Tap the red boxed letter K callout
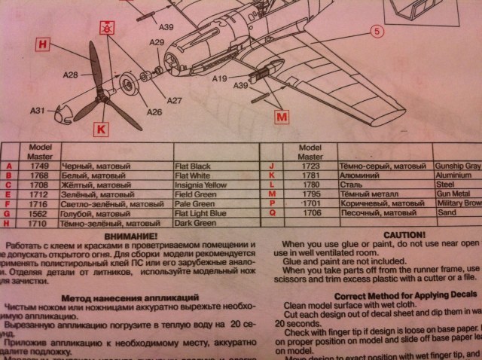[x=101, y=129]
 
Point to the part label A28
[x=72, y=75]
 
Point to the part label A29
[x=156, y=43]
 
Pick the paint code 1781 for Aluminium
[x=310, y=175]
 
